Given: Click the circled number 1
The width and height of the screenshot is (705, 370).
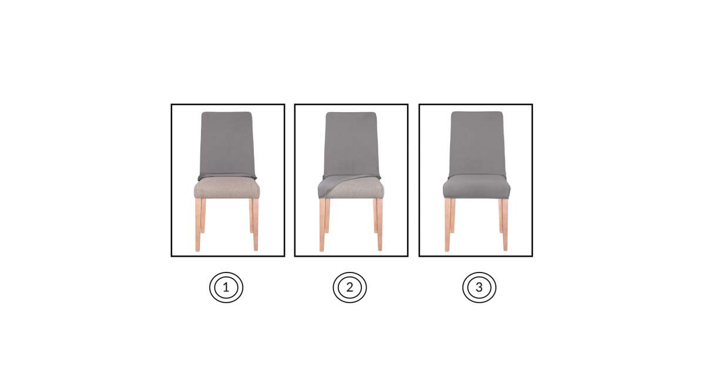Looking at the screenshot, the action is point(226,287).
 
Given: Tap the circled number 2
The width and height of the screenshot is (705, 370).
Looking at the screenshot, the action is point(350,287).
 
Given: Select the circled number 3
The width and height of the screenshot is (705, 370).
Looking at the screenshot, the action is point(479,287).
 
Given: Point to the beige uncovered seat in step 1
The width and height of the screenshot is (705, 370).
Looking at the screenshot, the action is point(227,187).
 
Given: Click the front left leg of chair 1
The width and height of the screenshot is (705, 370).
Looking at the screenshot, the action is point(197,224).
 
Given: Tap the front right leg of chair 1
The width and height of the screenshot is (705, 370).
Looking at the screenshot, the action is point(255,224).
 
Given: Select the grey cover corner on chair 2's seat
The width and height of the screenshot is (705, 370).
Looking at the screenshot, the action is point(330,186).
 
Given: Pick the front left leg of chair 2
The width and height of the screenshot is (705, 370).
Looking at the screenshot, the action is point(322,224).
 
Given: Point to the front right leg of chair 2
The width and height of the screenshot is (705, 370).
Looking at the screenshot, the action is point(380,224).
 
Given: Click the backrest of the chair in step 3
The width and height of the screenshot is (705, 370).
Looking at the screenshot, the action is point(477,143).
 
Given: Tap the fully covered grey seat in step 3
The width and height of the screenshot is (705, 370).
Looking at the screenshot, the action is point(476,187).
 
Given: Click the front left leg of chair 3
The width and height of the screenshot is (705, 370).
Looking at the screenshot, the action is point(447,224).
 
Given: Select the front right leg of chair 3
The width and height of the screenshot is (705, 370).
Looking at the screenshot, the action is point(505,224).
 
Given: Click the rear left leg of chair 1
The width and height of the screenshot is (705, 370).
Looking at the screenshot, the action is point(203,216).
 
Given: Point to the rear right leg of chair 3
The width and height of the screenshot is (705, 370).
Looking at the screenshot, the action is point(501,216).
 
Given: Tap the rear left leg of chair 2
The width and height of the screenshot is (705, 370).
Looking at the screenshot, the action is point(327,216).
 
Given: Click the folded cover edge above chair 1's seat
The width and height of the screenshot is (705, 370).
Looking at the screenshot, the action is point(227,176).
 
